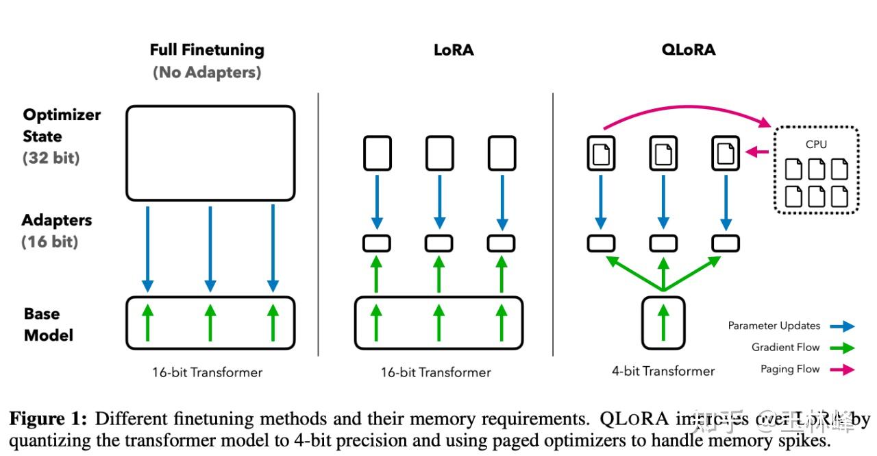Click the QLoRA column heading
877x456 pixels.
(689, 50)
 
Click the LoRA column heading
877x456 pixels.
(453, 50)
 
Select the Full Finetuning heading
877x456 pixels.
(207, 50)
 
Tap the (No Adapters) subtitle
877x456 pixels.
(207, 72)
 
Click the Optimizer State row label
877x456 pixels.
(62, 125)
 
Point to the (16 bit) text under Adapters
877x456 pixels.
(50, 241)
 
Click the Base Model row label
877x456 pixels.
(48, 324)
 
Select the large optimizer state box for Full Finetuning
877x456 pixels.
(210, 153)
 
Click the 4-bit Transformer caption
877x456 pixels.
(663, 372)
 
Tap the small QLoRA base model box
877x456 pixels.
(663, 322)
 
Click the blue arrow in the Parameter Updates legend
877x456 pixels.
(841, 326)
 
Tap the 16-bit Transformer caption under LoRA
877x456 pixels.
(436, 372)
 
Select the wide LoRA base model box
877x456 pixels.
(438, 322)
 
